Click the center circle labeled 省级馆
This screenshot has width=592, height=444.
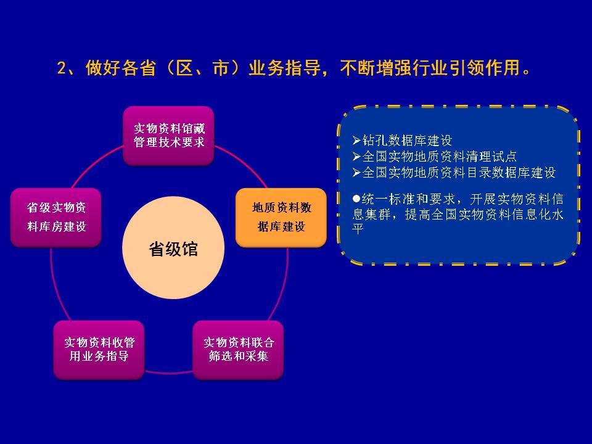[173, 248]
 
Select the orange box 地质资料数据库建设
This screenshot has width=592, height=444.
[281, 218]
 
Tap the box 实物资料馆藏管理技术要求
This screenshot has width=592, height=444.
[169, 136]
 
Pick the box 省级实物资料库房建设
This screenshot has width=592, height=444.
[56, 218]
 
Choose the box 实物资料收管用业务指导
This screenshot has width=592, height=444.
[99, 350]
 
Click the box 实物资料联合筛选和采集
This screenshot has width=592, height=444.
[238, 350]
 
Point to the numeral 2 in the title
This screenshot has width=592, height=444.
[62, 68]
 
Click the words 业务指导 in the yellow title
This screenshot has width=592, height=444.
[284, 68]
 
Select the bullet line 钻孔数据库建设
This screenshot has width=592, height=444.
[407, 141]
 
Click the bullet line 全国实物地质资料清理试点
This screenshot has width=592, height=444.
[440, 156]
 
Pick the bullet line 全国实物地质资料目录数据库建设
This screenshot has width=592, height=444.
[459, 173]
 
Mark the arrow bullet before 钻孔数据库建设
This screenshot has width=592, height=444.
[357, 141]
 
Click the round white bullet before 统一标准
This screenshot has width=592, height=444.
[356, 198]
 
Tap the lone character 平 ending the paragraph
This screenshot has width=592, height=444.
[358, 229]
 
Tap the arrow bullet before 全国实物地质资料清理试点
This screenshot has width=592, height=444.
[357, 156]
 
